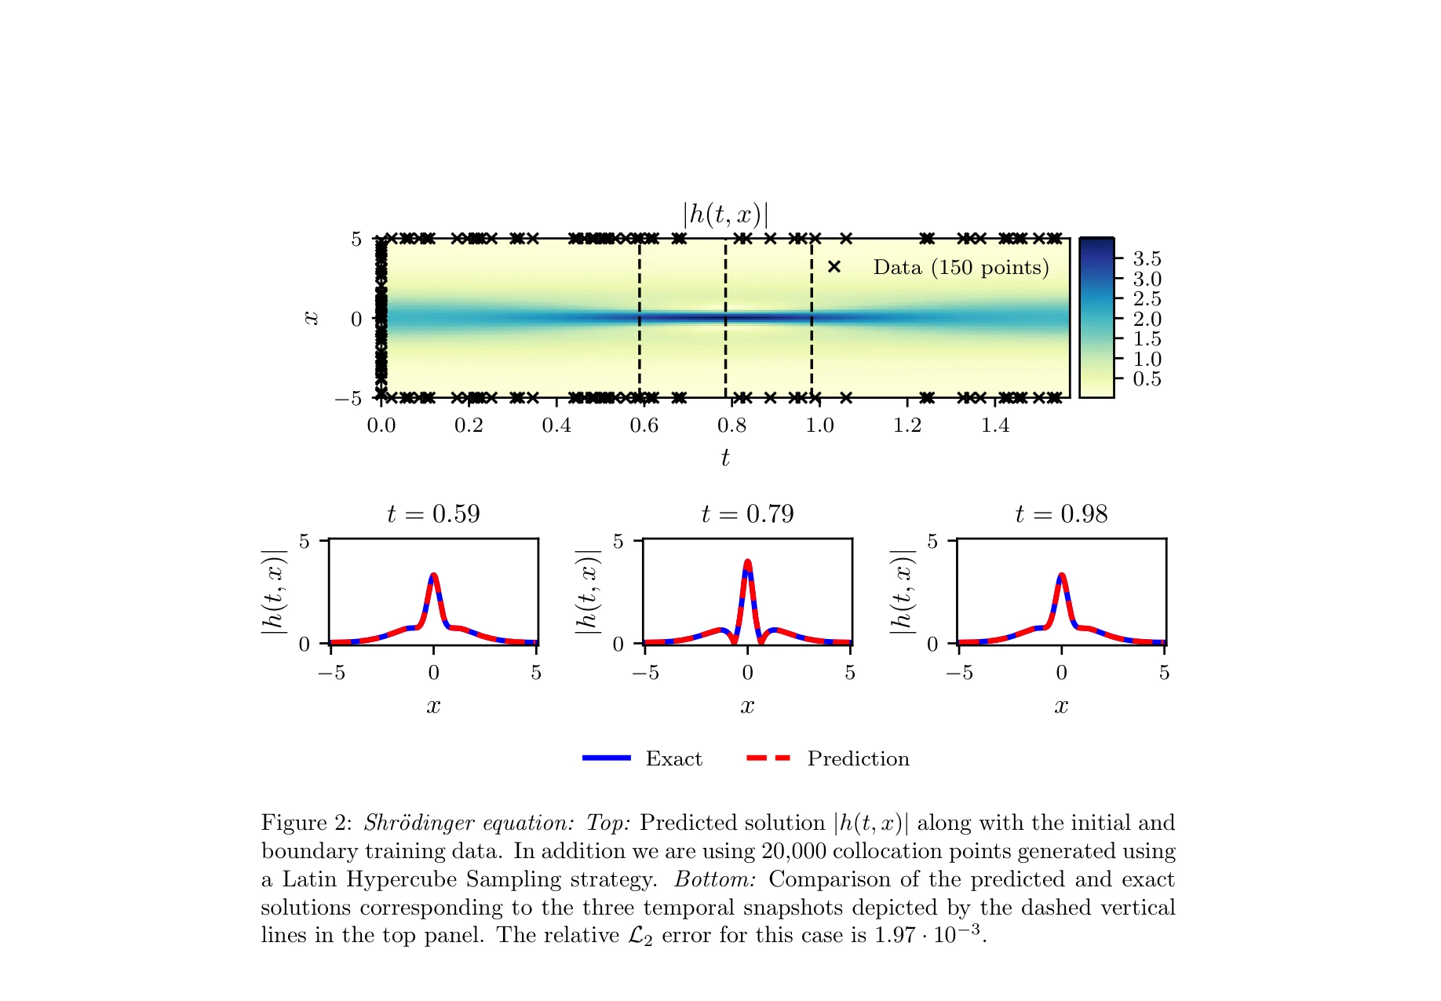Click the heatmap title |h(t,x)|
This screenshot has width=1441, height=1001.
pyautogui.click(x=724, y=214)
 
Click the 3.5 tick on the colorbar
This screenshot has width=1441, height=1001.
pyautogui.click(x=1146, y=259)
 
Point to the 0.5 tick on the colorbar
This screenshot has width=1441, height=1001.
pyautogui.click(x=1146, y=379)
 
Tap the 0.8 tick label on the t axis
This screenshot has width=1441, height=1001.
pyautogui.click(x=731, y=426)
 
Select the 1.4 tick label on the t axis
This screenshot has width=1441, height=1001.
pyautogui.click(x=994, y=426)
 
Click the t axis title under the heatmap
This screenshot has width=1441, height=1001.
pyautogui.click(x=725, y=458)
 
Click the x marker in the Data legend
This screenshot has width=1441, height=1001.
pyautogui.click(x=834, y=267)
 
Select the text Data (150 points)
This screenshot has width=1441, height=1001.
pyautogui.click(x=961, y=268)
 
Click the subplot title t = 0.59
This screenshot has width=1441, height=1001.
pyautogui.click(x=433, y=514)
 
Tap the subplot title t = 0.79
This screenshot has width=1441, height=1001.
pyautogui.click(x=747, y=514)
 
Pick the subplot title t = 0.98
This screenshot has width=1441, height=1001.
pyautogui.click(x=1061, y=514)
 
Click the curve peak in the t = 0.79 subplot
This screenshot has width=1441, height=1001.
pyautogui.click(x=747, y=562)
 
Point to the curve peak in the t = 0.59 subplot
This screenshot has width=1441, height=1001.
pyautogui.click(x=433, y=575)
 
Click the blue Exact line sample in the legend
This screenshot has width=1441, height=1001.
pyautogui.click(x=607, y=758)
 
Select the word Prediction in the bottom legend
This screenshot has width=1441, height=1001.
pyautogui.click(x=858, y=758)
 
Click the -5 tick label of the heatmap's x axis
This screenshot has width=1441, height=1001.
pyautogui.click(x=348, y=399)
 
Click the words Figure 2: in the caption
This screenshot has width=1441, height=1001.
pyautogui.click(x=307, y=823)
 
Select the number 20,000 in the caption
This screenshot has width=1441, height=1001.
pyautogui.click(x=793, y=851)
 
